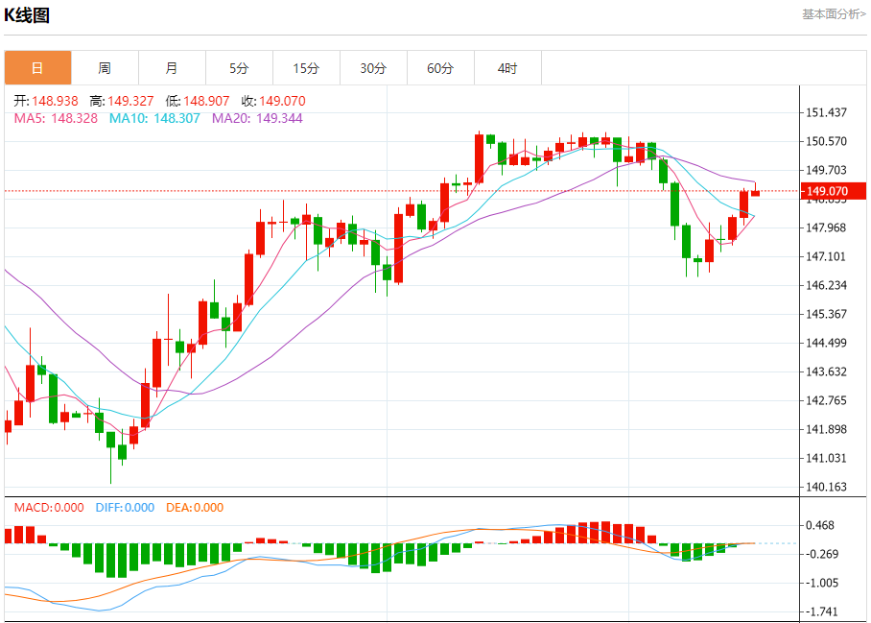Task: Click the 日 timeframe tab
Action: click(x=37, y=68)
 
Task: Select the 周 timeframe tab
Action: click(x=105, y=68)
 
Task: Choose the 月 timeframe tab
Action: click(x=172, y=68)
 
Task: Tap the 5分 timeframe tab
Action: click(x=239, y=68)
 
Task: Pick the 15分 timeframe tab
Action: click(x=306, y=68)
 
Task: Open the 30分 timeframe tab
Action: click(x=373, y=68)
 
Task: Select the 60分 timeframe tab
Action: click(x=440, y=68)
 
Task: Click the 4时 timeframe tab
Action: click(x=507, y=68)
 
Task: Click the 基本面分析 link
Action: click(x=834, y=14)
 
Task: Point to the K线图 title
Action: click(x=28, y=15)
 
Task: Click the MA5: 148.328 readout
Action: click(x=56, y=118)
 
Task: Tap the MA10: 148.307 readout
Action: click(x=154, y=118)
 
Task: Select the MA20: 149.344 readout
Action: click(x=256, y=118)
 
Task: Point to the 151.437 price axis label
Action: click(x=826, y=112)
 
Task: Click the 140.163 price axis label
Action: click(x=826, y=487)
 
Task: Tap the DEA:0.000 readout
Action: click(x=195, y=508)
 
